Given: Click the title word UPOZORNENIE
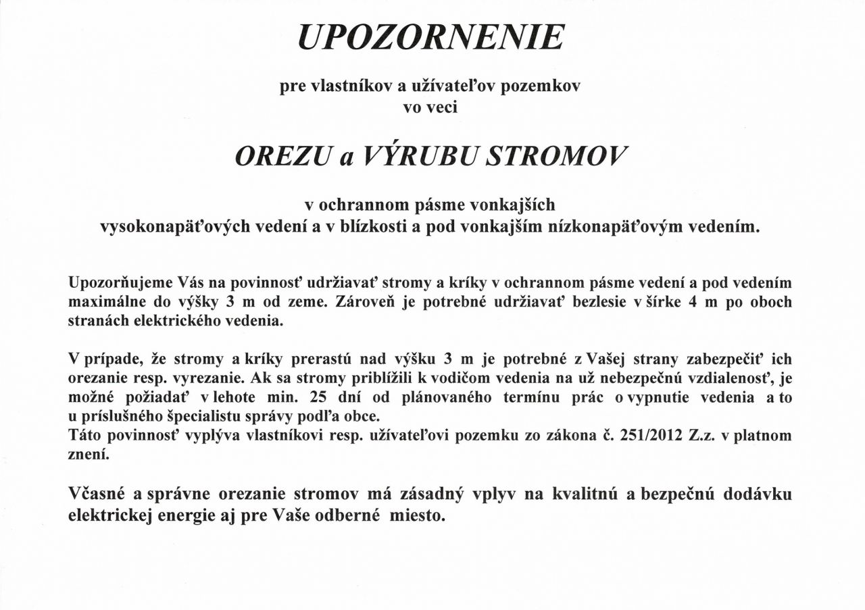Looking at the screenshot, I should pos(430,38).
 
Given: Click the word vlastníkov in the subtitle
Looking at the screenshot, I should pos(343,87).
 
